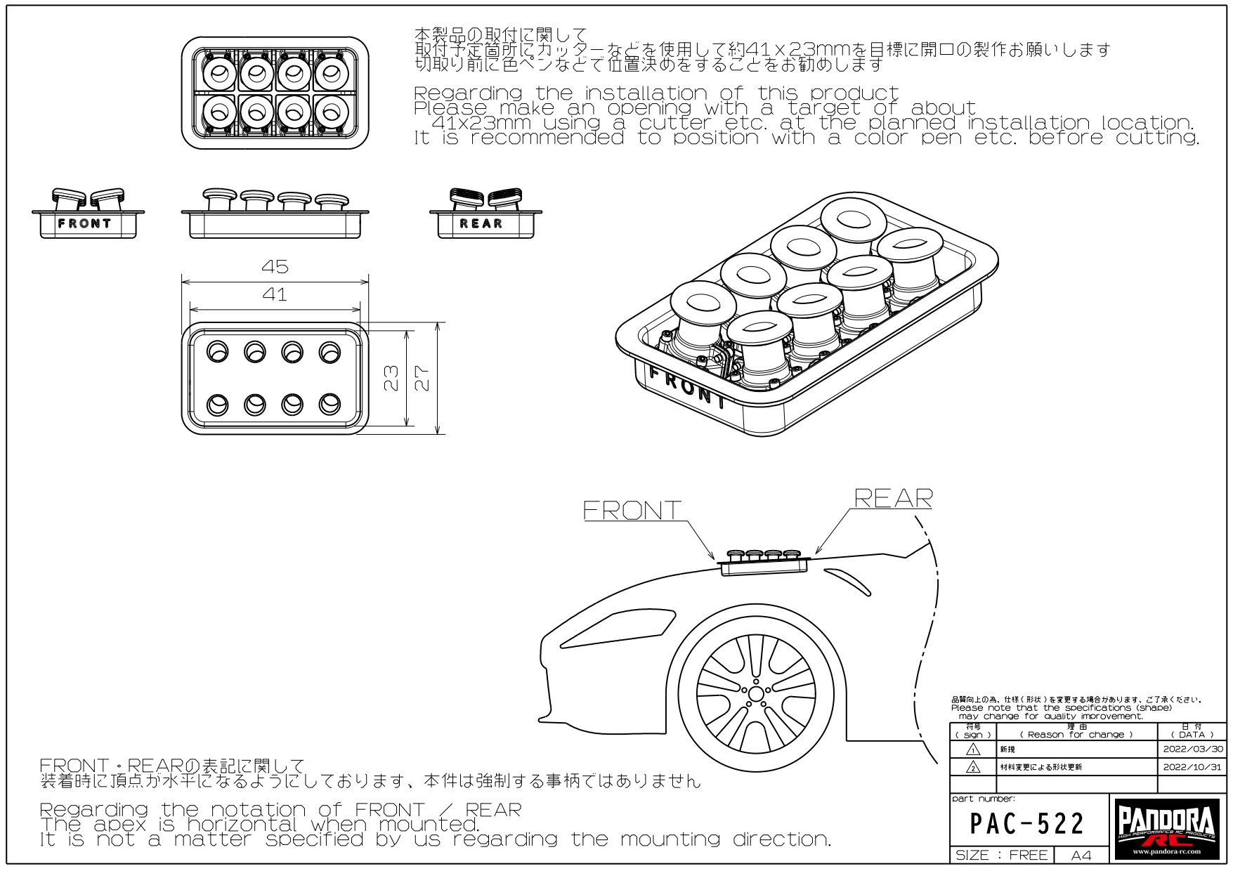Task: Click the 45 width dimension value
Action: pyautogui.click(x=275, y=267)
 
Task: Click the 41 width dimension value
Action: pyautogui.click(x=275, y=294)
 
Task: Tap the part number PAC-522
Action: pyautogui.click(x=1027, y=823)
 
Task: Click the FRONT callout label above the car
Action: pyautogui.click(x=632, y=510)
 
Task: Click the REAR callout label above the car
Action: pyautogui.click(x=894, y=498)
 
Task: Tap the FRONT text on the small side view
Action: pyautogui.click(x=84, y=224)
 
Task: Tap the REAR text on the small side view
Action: pyautogui.click(x=481, y=224)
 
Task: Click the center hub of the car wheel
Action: pyautogui.click(x=756, y=694)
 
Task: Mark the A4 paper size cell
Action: pyautogui.click(x=1081, y=856)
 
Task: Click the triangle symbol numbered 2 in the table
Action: pyautogui.click(x=973, y=767)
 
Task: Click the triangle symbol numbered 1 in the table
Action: pyautogui.click(x=973, y=749)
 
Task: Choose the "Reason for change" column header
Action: pyautogui.click(x=1076, y=735)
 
